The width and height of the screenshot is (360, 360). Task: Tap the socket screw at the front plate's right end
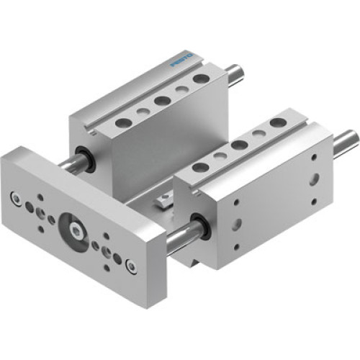point(130,269)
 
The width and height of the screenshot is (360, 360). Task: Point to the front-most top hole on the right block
point(202,166)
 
